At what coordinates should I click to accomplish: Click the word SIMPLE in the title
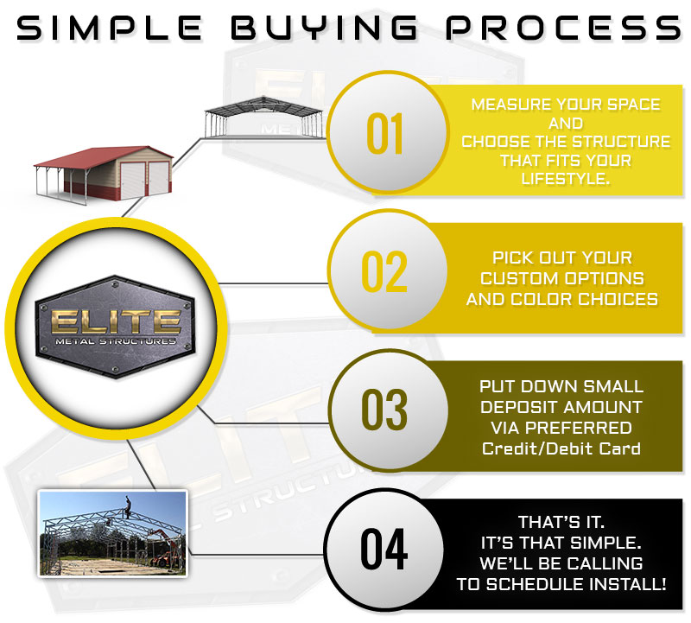point(110,28)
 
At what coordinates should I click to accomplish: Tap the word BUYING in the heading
point(324,28)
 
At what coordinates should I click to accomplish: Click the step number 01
point(384,133)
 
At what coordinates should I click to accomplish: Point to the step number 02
point(384,271)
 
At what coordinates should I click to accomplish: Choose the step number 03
point(384,410)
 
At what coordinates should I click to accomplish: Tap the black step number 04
point(384,549)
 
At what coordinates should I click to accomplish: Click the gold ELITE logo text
point(116,321)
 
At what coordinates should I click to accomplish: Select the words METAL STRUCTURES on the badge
point(116,341)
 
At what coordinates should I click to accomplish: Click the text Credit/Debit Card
point(561,448)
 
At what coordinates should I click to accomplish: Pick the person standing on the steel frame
point(128,507)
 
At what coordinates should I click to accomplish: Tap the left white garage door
point(133,181)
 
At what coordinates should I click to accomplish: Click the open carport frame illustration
point(263,118)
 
